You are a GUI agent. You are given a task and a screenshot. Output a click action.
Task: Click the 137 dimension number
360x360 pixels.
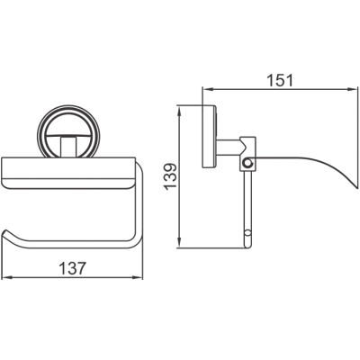tap(73, 268)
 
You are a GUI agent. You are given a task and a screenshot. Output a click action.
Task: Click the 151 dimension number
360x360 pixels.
tap(280, 80)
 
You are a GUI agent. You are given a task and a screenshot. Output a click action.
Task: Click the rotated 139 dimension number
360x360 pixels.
tap(171, 175)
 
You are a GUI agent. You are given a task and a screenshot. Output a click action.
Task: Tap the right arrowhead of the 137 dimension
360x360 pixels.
tap(139, 278)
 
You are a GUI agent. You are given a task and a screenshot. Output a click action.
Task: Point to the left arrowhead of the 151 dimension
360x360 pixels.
tap(207, 89)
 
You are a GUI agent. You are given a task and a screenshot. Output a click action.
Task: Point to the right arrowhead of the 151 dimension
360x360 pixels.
tap(353, 89)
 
